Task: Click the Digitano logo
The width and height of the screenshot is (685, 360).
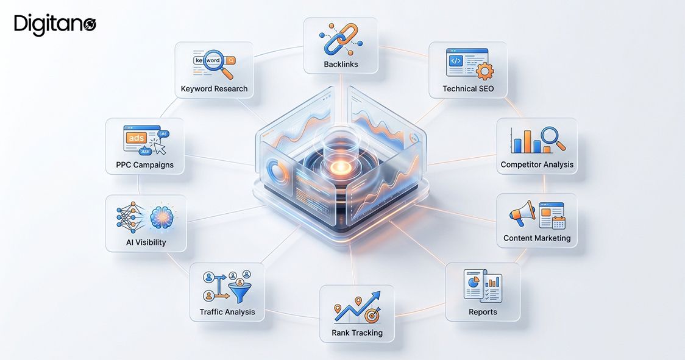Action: tap(55, 24)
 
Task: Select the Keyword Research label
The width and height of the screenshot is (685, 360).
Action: tap(214, 89)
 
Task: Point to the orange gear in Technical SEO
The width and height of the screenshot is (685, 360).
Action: tap(485, 71)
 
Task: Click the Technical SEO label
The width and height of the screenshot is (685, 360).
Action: tap(468, 89)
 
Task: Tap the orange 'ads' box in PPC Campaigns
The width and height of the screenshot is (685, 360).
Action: tap(137, 138)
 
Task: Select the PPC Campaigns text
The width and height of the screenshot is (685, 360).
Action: tap(144, 164)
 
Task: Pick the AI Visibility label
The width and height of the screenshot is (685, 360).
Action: tap(146, 242)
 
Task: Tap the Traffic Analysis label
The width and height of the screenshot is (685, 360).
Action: tap(227, 312)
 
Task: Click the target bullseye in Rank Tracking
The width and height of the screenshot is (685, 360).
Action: tap(372, 314)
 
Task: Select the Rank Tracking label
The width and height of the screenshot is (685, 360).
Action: tap(357, 333)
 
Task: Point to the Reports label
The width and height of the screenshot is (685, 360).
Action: tap(483, 312)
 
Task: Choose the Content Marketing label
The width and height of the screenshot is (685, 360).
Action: tap(537, 238)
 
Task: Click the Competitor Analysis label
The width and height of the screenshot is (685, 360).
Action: tap(537, 164)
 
